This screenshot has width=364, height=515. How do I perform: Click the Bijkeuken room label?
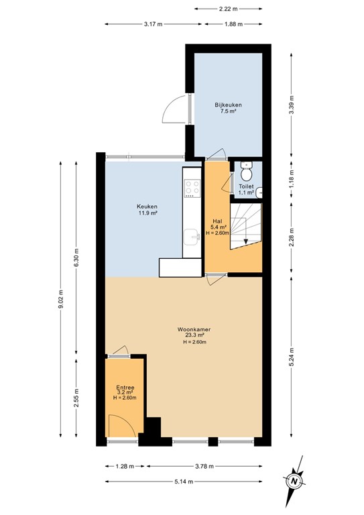(228, 105)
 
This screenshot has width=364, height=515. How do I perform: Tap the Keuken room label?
(147, 207)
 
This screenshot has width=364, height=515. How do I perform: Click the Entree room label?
(125, 387)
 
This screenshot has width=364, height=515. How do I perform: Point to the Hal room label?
(217, 221)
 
